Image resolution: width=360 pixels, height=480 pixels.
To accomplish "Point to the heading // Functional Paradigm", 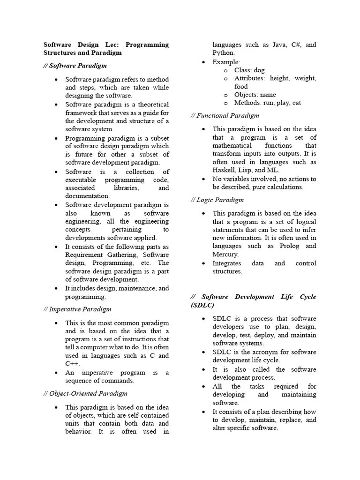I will [x=225, y=115].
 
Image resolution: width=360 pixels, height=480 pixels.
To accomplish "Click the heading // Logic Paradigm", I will [x=217, y=200].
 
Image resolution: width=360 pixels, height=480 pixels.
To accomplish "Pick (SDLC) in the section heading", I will [x=202, y=305].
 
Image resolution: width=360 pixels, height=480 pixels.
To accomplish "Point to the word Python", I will [x=223, y=53].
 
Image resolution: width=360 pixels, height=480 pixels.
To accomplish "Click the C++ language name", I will [x=72, y=364].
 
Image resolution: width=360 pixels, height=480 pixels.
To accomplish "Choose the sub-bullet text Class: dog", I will [x=249, y=70].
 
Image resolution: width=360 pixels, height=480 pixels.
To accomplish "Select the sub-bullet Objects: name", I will [x=255, y=95].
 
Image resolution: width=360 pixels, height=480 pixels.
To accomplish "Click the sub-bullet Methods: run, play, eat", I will [x=268, y=103].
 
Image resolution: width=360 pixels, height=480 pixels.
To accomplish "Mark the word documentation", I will [x=87, y=196].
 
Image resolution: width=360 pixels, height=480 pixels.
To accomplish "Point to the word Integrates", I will [x=227, y=263].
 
